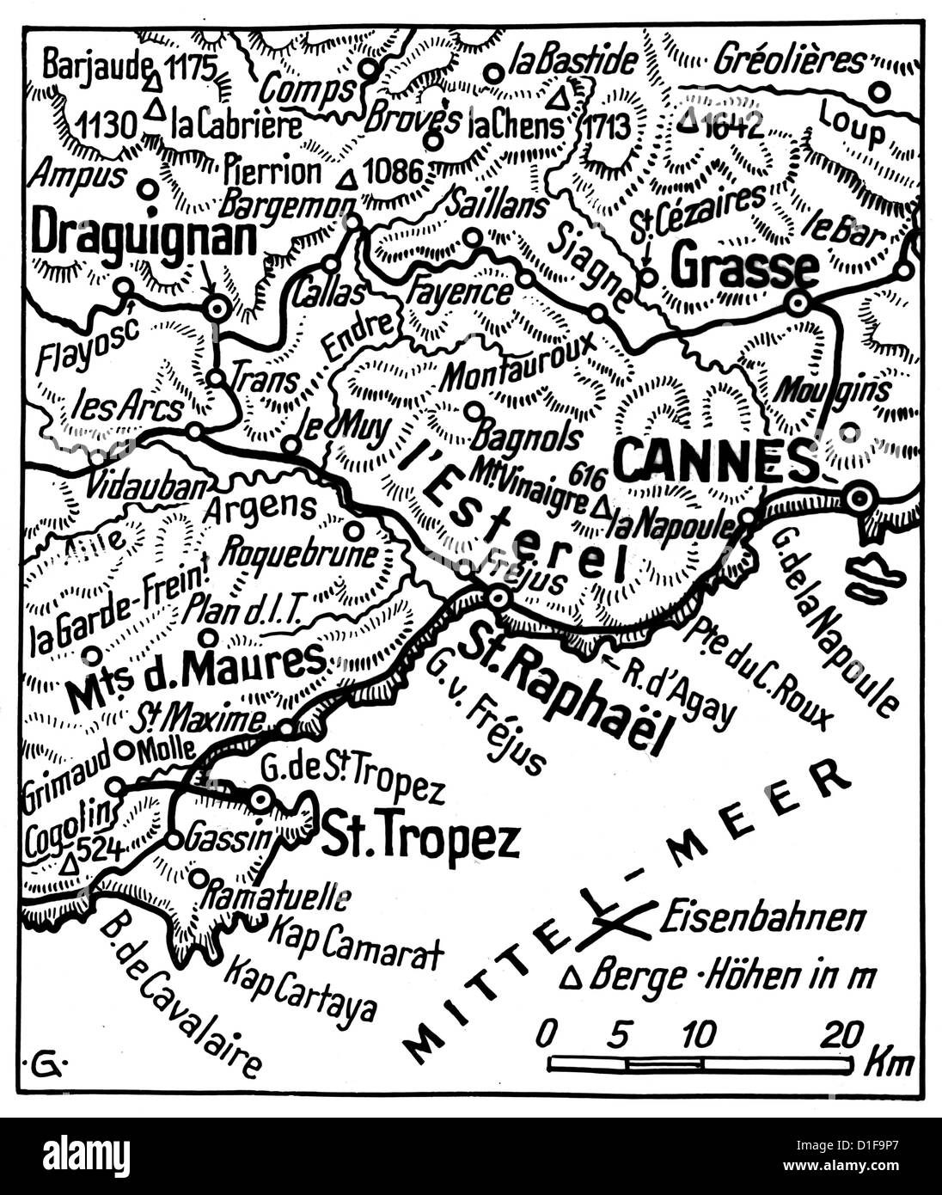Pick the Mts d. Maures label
click(x=196, y=677)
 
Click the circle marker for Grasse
click(x=798, y=303)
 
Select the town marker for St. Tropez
click(x=261, y=800)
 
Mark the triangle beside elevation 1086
click(x=347, y=181)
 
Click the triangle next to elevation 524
click(x=69, y=863)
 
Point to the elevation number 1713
click(x=607, y=126)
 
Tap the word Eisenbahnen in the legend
click(x=762, y=918)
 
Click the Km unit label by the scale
click(x=889, y=1063)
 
